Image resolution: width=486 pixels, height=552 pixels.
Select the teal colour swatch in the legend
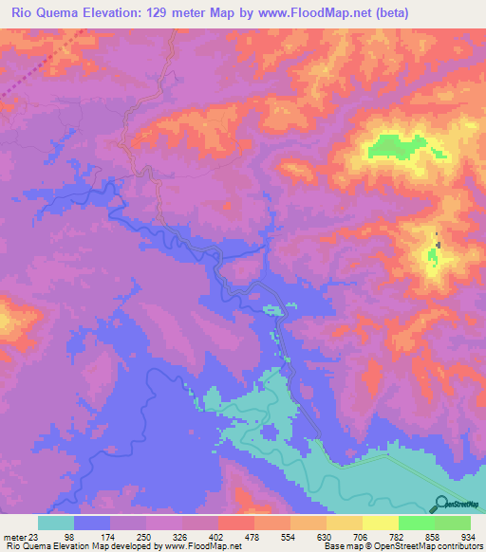[56, 523]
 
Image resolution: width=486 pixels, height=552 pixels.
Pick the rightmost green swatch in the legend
[453, 523]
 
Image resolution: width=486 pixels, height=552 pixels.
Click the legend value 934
[465, 537]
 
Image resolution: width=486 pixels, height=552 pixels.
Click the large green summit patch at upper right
[399, 146]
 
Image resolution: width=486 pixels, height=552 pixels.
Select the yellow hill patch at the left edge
[6, 317]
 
